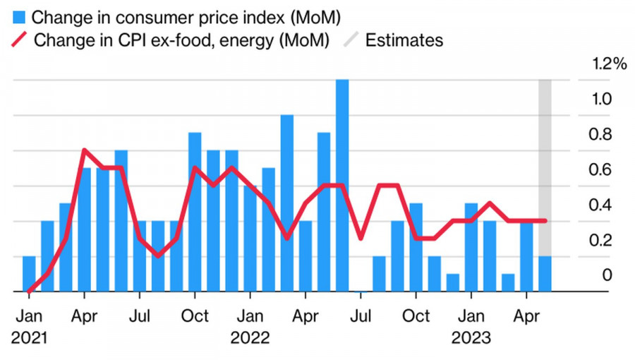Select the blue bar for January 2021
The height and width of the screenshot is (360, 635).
click(x=29, y=274)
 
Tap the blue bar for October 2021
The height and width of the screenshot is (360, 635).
click(x=195, y=212)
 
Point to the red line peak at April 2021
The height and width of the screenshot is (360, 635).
click(x=85, y=150)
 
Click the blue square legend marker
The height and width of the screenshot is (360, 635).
click(x=20, y=16)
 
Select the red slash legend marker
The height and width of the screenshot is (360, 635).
click(x=20, y=40)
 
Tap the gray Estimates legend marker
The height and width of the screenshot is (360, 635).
click(x=351, y=40)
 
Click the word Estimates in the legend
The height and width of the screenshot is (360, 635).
click(x=404, y=40)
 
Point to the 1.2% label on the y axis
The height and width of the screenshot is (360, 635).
click(x=610, y=64)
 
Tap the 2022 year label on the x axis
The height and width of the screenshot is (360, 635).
click(x=250, y=337)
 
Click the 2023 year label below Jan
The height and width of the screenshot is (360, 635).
click(x=471, y=337)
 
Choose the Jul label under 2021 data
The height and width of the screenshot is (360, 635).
click(x=140, y=315)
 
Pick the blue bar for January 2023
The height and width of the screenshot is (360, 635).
click(x=471, y=247)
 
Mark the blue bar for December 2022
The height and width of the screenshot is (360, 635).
click(x=453, y=282)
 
